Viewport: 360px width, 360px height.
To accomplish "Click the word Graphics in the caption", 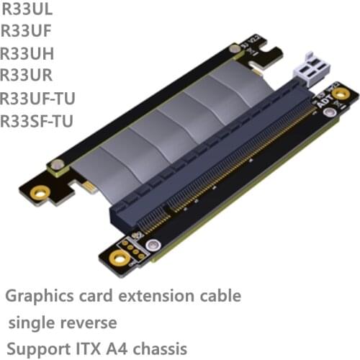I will point(36,296).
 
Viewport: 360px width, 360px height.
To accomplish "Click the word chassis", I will point(160,347).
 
